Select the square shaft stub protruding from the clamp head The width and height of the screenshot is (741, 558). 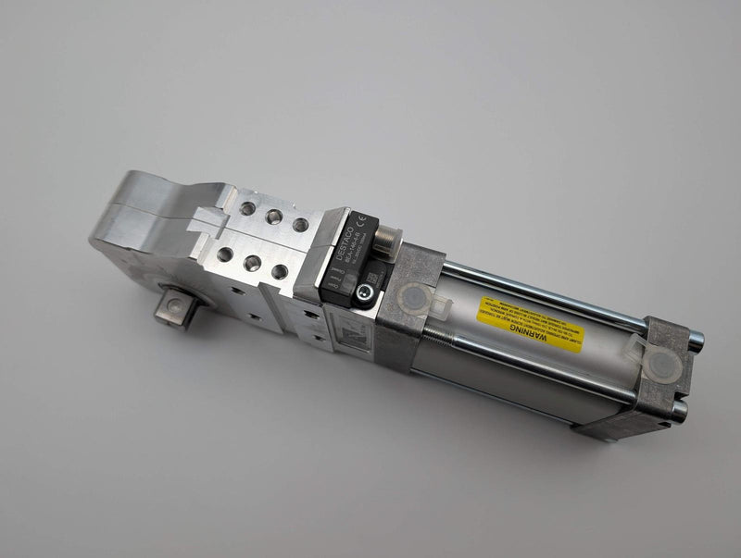click(177, 306)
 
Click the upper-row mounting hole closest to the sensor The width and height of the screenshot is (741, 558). click(300, 224)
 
